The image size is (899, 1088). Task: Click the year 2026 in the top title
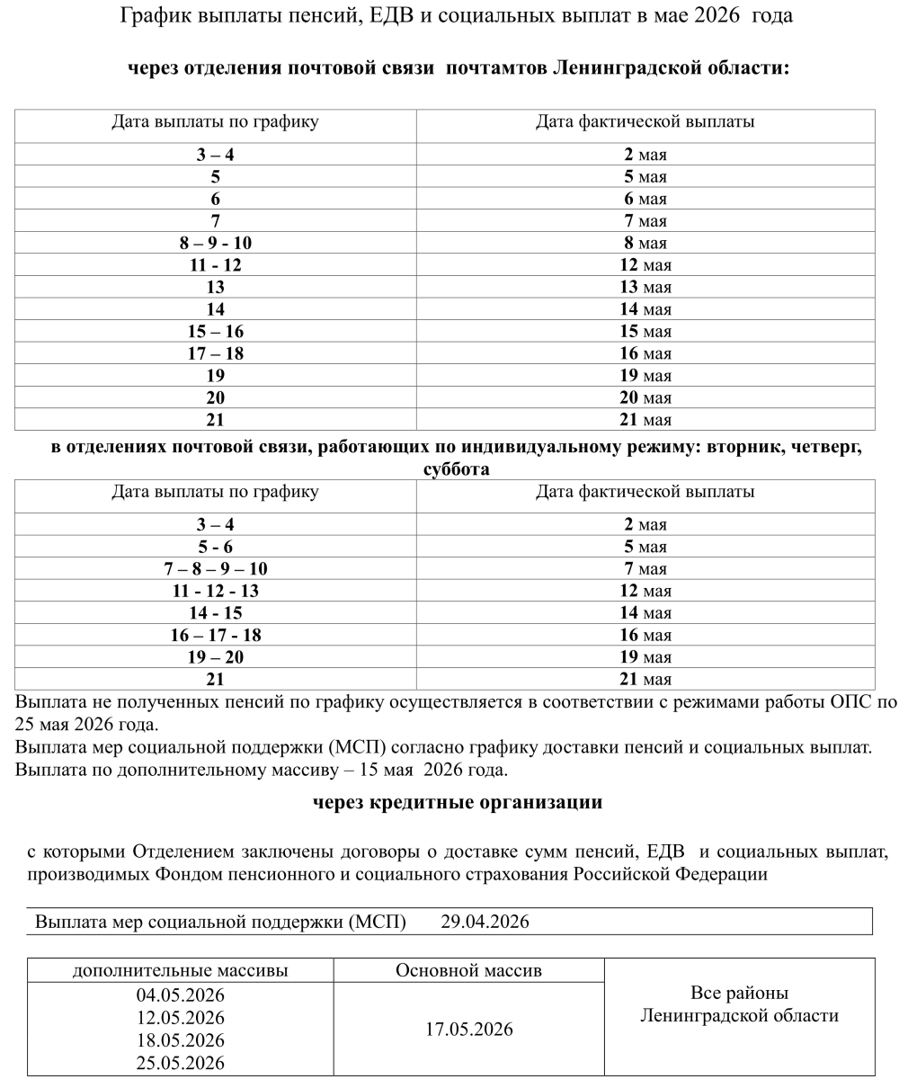(716, 15)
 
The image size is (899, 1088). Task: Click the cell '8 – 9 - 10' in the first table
(215, 243)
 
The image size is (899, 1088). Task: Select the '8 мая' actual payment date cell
(645, 243)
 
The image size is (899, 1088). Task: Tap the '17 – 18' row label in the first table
(215, 353)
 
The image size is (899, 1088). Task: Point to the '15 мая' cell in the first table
(645, 331)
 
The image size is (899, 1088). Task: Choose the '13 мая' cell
(645, 287)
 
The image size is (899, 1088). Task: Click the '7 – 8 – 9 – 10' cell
(215, 568)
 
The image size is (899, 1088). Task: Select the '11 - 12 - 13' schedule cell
(215, 591)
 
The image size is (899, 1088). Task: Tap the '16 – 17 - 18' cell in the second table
(215, 635)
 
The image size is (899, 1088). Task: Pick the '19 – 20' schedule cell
(215, 657)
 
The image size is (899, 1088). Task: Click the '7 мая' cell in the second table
(645, 568)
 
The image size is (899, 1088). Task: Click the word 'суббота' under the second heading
(456, 470)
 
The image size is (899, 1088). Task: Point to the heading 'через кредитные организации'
(457, 803)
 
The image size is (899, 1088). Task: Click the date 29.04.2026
(485, 923)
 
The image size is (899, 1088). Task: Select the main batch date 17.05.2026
(468, 1030)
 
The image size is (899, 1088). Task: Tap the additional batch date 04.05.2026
(180, 995)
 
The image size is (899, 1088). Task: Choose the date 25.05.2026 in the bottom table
(180, 1063)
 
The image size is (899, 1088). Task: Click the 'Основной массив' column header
(468, 971)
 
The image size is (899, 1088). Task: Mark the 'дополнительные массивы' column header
(180, 971)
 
